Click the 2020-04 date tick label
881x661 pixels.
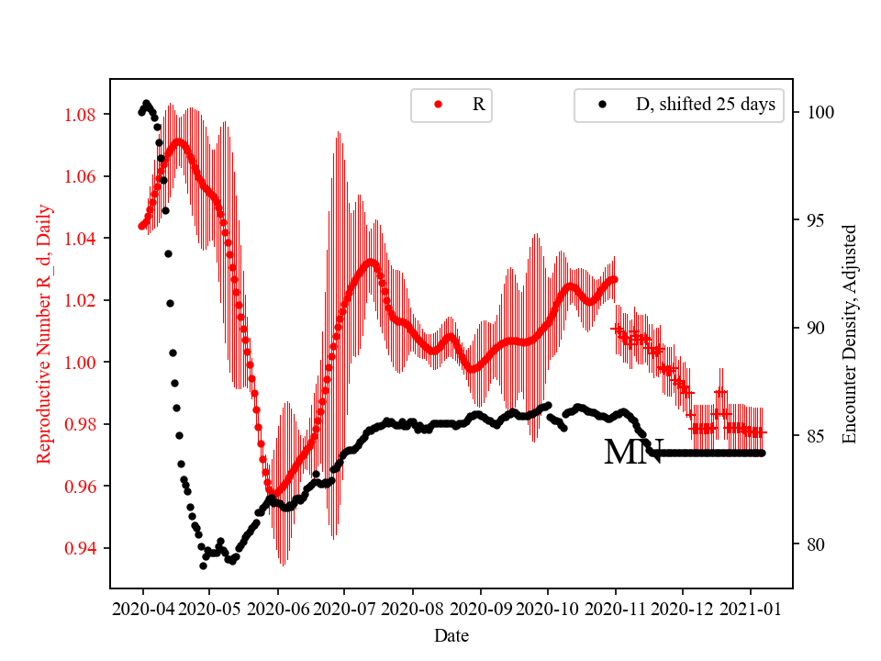[142, 609]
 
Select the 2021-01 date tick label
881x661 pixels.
[751, 609]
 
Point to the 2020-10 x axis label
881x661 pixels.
[548, 609]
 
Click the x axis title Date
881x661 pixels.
[451, 635]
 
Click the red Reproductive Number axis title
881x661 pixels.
[43, 334]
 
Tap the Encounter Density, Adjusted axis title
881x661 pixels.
[849, 334]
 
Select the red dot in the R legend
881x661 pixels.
[438, 105]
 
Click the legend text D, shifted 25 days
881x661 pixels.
[705, 105]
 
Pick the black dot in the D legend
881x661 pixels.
[602, 105]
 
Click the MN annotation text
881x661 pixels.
[633, 452]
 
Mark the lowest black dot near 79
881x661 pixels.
[203, 566]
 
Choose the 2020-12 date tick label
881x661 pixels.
[683, 609]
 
